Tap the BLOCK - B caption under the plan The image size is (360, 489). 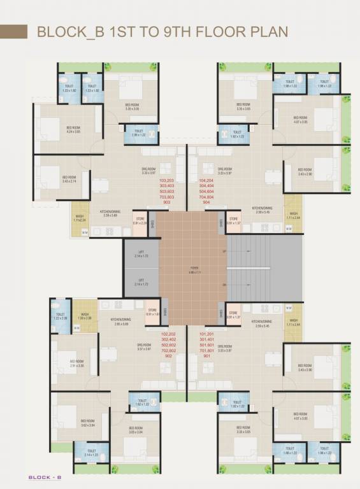click(44, 476)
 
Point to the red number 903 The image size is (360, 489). click(167, 202)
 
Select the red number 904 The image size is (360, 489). click(206, 202)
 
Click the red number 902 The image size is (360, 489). click(168, 356)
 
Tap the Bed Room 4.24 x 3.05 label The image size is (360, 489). click(74, 129)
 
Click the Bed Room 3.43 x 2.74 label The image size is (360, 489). click(69, 179)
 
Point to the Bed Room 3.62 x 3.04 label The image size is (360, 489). click(87, 423)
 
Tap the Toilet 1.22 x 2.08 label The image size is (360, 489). click(61, 316)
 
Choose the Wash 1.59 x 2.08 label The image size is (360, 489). click(85, 316)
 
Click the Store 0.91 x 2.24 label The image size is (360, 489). click(140, 220)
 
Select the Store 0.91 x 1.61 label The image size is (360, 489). click(152, 312)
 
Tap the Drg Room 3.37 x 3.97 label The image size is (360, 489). click(143, 347)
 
